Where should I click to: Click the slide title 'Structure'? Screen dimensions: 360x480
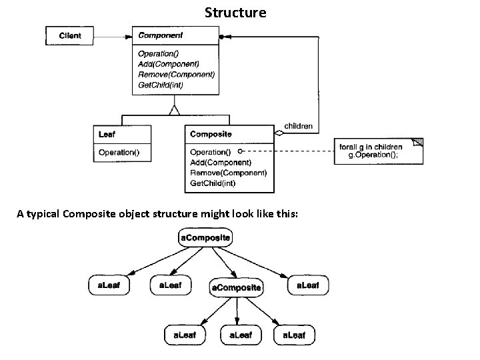click(235, 13)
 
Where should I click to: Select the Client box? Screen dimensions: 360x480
click(70, 35)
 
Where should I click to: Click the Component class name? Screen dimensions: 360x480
click(160, 35)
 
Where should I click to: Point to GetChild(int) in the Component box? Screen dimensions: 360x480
click(160, 85)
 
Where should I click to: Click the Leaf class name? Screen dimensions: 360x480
click(107, 134)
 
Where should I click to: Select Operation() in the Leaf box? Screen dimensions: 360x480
click(119, 152)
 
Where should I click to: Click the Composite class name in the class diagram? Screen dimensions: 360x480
click(211, 134)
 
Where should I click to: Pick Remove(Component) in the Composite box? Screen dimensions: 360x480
click(228, 173)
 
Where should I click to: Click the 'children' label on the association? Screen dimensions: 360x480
click(298, 126)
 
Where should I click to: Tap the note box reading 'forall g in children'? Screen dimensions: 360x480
click(378, 151)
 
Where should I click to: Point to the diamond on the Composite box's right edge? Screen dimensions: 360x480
click(280, 133)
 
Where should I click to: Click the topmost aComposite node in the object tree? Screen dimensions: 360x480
click(205, 237)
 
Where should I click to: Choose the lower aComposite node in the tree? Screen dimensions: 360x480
click(237, 288)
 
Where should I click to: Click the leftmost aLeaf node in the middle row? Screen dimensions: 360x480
click(109, 286)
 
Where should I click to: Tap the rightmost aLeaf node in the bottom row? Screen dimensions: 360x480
click(294, 335)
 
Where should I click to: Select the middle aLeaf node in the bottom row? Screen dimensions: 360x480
click(241, 335)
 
